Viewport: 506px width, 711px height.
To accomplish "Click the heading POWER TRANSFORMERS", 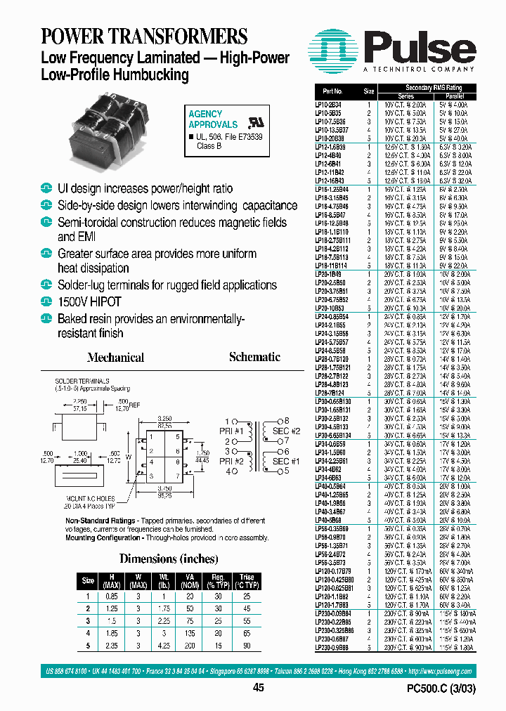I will click(144, 36).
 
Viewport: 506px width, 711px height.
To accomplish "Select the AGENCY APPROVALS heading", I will click(212, 119).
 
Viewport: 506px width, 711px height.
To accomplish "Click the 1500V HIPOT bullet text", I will click(89, 302).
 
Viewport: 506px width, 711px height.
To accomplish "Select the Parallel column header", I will click(457, 96).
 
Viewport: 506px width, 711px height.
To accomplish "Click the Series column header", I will click(406, 96).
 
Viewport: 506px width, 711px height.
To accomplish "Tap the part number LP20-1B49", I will click(327, 273).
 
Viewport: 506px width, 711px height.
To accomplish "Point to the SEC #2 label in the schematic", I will click(286, 431).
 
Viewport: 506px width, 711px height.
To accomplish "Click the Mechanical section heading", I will click(116, 357).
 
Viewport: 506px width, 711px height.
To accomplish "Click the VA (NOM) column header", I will click(190, 581).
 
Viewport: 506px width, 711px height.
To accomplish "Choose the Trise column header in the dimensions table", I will click(247, 581).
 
